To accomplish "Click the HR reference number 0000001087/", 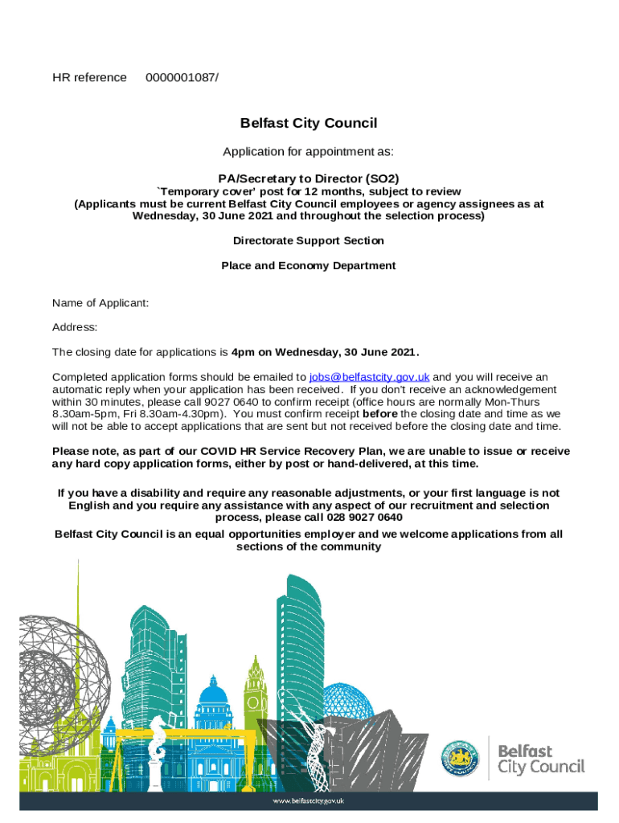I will point(182,77).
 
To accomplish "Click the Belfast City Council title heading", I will point(309,123).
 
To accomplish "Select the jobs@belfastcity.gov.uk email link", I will point(369,376).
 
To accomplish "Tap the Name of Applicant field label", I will point(100,303).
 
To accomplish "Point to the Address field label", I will point(75,327).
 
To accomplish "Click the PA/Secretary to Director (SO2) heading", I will point(309,178).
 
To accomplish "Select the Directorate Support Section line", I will point(309,240).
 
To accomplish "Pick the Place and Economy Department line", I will point(309,265).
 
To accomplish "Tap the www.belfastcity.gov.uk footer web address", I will point(309,800).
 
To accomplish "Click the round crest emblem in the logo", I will point(460,758).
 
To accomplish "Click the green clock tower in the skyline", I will point(256,691).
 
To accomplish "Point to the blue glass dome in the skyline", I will point(347,701).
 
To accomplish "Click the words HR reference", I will point(89,77).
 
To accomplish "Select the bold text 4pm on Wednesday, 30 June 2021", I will point(325,352).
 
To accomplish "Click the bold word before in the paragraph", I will point(380,414).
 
